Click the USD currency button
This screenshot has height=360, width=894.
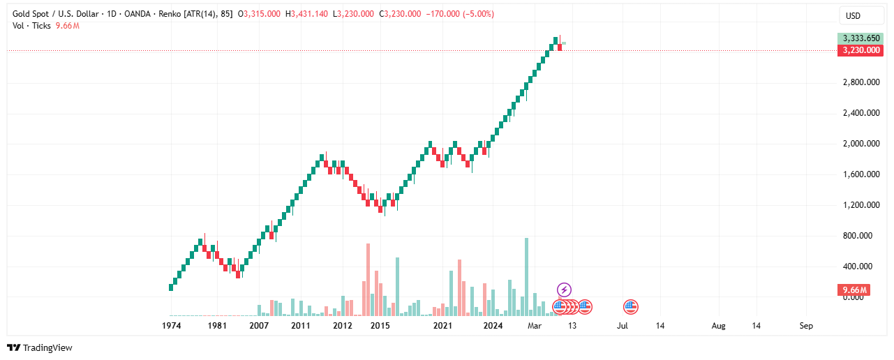tap(853, 15)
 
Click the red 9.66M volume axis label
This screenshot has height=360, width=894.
tap(854, 290)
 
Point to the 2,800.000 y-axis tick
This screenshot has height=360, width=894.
tap(860, 82)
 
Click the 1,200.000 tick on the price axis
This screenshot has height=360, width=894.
tap(860, 205)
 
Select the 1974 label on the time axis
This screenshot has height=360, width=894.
tap(172, 326)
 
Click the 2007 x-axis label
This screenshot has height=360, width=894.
tap(259, 326)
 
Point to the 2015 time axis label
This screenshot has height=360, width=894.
tap(380, 326)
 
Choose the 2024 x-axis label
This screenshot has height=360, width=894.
tap(493, 326)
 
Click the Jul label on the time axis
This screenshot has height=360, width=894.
tap(623, 326)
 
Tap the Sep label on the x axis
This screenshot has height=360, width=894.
tap(806, 326)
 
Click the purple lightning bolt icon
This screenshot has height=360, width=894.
tap(565, 290)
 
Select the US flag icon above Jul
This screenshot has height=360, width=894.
tap(631, 306)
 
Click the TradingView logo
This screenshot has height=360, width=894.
tap(40, 347)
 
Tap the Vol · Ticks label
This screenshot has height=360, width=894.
tap(32, 26)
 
